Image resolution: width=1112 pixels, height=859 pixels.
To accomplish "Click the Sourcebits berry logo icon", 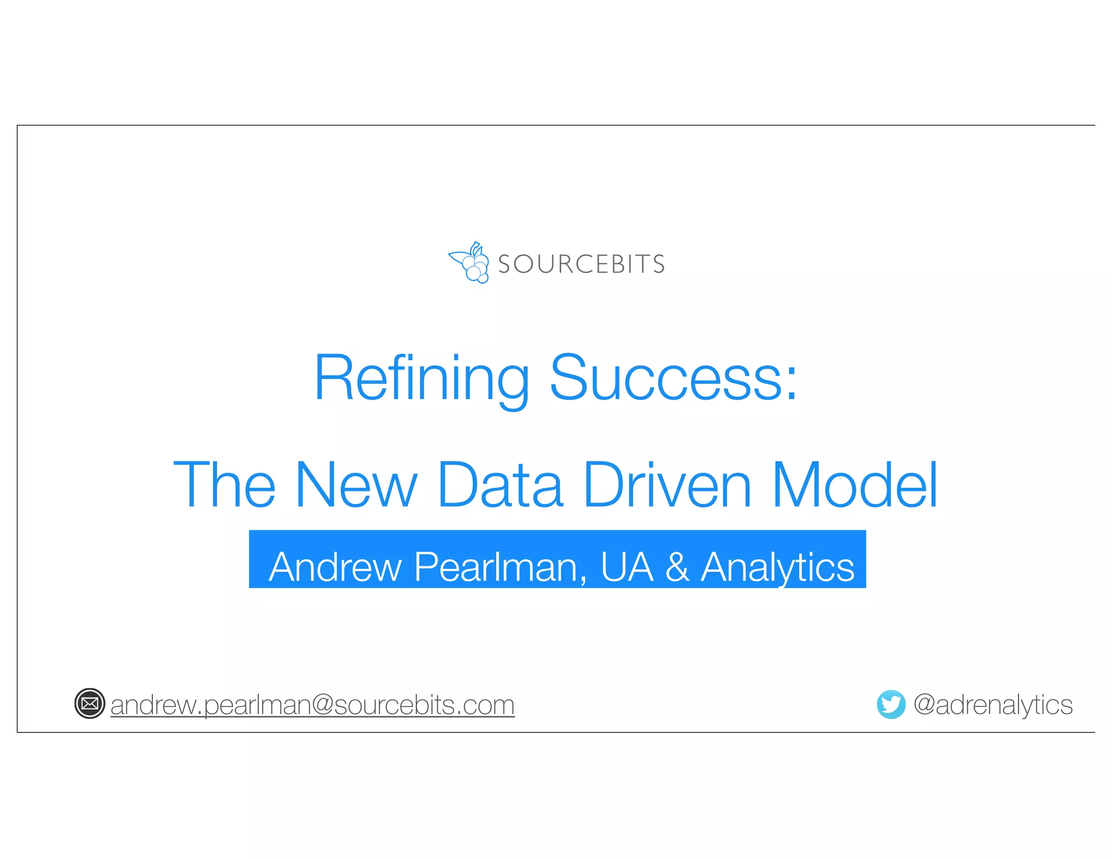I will point(469,263).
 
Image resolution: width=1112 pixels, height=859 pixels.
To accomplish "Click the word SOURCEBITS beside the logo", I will point(581,264).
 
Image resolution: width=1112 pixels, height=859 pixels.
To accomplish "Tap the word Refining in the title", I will point(421,378).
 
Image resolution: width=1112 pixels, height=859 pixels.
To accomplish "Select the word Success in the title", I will point(666,378).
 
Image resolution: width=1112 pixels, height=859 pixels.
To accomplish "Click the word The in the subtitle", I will point(224,485).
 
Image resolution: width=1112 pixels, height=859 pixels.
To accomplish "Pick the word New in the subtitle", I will point(356,485).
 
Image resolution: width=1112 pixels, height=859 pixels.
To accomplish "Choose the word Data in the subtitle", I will point(500,485).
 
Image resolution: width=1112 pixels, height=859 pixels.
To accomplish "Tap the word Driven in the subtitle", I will point(667,485).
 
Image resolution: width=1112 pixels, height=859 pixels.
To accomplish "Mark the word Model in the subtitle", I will point(855,485).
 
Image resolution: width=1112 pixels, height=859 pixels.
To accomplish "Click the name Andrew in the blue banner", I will point(335,567).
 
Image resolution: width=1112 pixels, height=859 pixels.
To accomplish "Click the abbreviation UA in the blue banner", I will point(627,567).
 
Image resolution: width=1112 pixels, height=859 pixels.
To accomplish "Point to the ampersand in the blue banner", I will point(677,567).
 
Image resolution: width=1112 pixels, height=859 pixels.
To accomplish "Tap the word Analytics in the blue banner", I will point(777,567).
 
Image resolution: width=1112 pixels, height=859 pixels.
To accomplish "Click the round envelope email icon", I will point(90,704).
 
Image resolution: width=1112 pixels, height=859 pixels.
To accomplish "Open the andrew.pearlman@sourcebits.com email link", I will point(312,705).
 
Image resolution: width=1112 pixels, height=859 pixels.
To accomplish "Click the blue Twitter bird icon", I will point(891,704).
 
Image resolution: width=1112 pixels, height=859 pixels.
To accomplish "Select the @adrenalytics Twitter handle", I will point(993,705).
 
